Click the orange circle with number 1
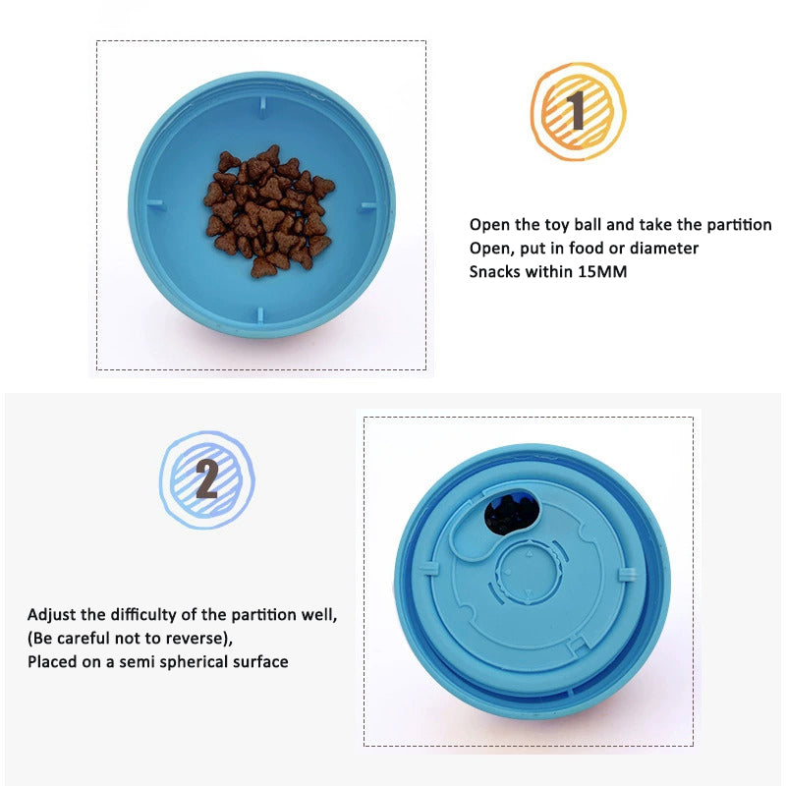pos(578,111)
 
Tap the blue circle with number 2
pos(207,480)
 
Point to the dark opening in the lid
pos(512,514)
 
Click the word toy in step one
pos(572,225)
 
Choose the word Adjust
pos(53,615)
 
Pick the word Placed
pos(53,662)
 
